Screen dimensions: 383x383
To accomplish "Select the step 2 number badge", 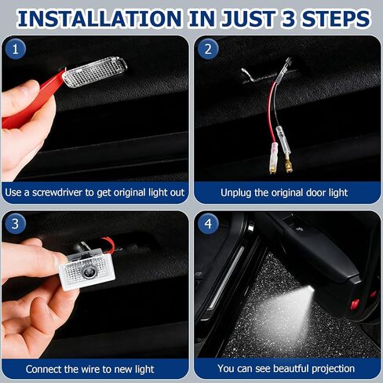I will (x=208, y=49).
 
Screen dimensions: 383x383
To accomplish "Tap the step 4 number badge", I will (x=208, y=224).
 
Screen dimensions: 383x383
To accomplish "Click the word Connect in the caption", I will (x=44, y=368).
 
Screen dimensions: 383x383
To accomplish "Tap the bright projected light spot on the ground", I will (x=295, y=302).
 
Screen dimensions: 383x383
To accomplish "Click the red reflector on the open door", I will (x=355, y=303).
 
